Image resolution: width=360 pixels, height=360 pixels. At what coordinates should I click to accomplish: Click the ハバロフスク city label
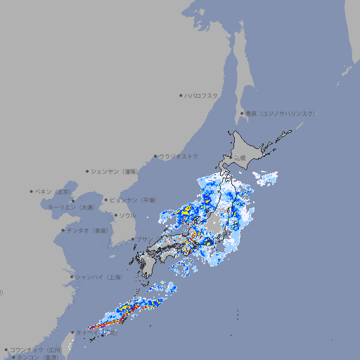click(x=201, y=95)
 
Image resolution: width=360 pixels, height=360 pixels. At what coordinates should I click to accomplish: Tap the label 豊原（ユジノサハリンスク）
click(x=280, y=113)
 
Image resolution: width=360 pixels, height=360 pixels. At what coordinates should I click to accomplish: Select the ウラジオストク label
click(x=179, y=156)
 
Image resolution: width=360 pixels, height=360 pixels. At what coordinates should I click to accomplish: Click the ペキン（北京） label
click(x=54, y=191)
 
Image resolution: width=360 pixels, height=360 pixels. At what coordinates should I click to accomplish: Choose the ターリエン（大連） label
click(x=71, y=207)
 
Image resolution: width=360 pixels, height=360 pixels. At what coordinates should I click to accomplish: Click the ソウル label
click(x=127, y=215)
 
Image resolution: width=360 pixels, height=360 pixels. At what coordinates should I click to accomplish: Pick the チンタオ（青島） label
click(x=87, y=230)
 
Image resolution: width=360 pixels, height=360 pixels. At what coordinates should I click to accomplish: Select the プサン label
click(x=144, y=239)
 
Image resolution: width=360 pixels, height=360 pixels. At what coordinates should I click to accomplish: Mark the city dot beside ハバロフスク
click(x=181, y=95)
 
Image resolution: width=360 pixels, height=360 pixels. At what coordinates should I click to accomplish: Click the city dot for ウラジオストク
click(x=155, y=156)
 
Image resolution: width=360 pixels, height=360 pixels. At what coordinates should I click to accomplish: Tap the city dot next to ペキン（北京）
click(x=32, y=191)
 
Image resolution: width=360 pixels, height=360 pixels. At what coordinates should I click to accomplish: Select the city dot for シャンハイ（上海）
click(x=72, y=277)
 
